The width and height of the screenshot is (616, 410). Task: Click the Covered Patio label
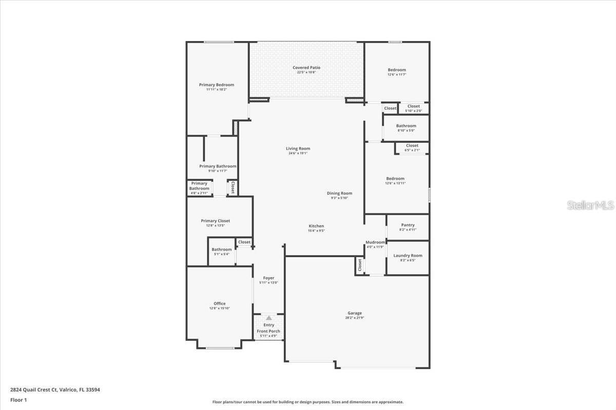click(306, 68)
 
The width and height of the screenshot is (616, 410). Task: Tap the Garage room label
click(355, 313)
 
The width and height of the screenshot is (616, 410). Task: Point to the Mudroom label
click(375, 242)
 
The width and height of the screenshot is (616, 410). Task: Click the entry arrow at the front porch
click(268, 318)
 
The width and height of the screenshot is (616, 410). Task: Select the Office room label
click(220, 303)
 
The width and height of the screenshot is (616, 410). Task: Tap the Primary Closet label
click(216, 221)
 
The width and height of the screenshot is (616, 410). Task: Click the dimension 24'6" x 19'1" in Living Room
click(298, 153)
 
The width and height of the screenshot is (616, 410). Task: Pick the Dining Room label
click(339, 193)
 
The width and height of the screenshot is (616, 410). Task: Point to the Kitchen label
click(316, 226)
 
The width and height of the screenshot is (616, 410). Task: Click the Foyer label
click(268, 278)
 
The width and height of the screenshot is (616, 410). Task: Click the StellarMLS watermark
click(590, 206)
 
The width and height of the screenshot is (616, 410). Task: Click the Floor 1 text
click(18, 400)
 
